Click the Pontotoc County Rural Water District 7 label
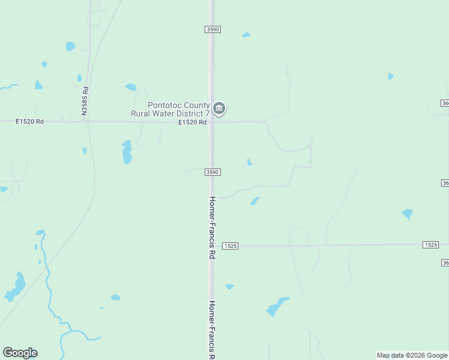pyautogui.click(x=170, y=109)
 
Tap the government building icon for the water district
pyautogui.click(x=219, y=109)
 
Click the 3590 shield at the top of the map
pyautogui.click(x=212, y=29)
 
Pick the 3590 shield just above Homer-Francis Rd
pyautogui.click(x=212, y=172)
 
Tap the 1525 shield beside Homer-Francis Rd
pyautogui.click(x=231, y=246)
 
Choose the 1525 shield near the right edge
pyautogui.click(x=430, y=245)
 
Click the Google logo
pyautogui.click(x=20, y=353)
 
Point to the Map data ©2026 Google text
pyautogui.click(x=412, y=355)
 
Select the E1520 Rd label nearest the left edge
pyautogui.click(x=30, y=121)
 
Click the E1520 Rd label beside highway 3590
pyautogui.click(x=192, y=122)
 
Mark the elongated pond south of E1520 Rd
pyautogui.click(x=127, y=152)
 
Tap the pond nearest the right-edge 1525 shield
pyautogui.click(x=408, y=213)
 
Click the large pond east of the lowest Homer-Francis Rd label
pyautogui.click(x=277, y=307)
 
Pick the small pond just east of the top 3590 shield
pyautogui.click(x=246, y=35)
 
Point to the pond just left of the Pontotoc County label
pyautogui.click(x=131, y=87)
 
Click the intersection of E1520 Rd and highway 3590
pyautogui.click(x=212, y=122)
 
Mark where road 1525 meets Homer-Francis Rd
pyautogui.click(x=212, y=245)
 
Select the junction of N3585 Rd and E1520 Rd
pyautogui.click(x=88, y=121)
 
